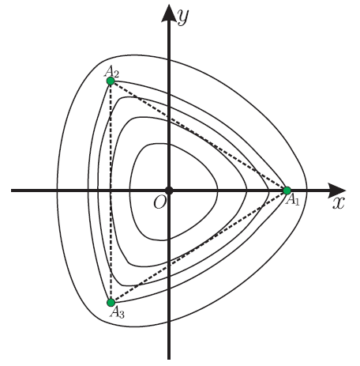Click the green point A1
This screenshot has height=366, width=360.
[x=287, y=191]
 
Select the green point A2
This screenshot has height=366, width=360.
[x=111, y=81]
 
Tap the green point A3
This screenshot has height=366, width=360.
[x=111, y=303]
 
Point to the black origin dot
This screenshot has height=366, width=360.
[x=169, y=191]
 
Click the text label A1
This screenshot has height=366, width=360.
[x=293, y=199]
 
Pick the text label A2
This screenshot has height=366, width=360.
[x=111, y=71]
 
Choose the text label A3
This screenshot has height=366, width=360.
[x=118, y=313]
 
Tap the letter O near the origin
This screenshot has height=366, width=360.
[x=159, y=203]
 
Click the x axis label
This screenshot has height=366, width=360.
[x=338, y=203]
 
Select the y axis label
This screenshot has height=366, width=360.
[x=183, y=17]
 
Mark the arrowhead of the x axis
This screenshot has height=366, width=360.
[x=337, y=191]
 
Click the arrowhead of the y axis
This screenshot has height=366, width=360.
[x=169, y=13]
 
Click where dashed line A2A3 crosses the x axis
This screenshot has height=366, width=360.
[x=111, y=191]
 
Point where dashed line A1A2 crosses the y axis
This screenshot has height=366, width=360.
[x=169, y=117]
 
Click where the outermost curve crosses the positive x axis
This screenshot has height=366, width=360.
[x=307, y=191]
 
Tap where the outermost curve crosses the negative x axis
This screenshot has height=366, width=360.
[x=57, y=191]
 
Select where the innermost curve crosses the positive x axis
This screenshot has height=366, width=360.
[x=217, y=191]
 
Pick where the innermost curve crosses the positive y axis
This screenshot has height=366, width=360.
[x=169, y=144]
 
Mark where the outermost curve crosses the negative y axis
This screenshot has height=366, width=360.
[x=169, y=321]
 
